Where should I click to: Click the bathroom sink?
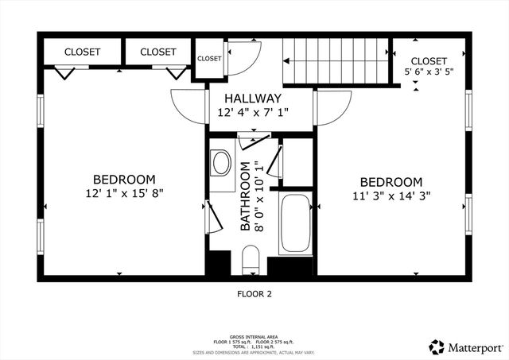(222, 165)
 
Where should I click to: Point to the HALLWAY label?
(253, 98)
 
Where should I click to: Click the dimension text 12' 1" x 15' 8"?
(124, 192)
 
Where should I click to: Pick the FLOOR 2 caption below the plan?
(254, 294)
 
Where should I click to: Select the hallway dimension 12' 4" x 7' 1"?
(253, 113)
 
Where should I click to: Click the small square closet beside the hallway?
(209, 58)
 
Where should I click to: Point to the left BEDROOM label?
(124, 179)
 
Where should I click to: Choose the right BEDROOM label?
(390, 182)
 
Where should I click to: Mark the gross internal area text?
(254, 336)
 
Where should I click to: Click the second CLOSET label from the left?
(158, 52)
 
